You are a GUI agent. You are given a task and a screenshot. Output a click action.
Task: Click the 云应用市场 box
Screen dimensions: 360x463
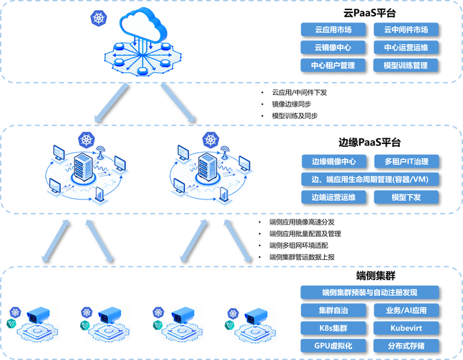tap(332, 30)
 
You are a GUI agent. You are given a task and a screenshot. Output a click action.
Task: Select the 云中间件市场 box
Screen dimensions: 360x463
tap(405, 30)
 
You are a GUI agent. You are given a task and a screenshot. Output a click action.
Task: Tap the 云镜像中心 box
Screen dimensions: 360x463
tap(332, 48)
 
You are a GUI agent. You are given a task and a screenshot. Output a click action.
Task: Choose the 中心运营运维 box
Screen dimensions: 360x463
tap(405, 48)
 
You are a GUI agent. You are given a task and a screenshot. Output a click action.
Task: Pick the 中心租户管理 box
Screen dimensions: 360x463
tap(332, 66)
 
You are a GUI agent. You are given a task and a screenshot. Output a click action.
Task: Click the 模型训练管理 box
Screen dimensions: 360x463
tap(405, 66)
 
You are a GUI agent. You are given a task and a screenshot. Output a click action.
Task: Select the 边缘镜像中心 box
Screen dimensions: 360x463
tap(332, 161)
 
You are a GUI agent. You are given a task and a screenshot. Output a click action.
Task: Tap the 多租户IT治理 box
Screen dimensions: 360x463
tap(405, 161)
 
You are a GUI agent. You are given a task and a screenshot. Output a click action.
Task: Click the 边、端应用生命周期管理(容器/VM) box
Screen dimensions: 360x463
tap(369, 179)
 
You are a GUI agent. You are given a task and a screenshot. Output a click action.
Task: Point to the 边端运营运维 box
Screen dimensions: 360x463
tap(332, 197)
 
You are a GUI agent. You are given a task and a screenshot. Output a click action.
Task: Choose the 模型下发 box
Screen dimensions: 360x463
tap(405, 197)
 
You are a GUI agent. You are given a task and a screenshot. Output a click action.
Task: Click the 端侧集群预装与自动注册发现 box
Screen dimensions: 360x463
tap(369, 292)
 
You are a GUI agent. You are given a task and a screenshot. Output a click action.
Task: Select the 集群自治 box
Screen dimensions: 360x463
tap(332, 310)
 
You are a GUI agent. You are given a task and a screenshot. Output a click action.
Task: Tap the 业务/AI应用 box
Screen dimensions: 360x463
tap(405, 310)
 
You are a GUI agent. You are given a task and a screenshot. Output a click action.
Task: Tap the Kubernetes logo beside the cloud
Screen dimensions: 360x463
tap(99, 16)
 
